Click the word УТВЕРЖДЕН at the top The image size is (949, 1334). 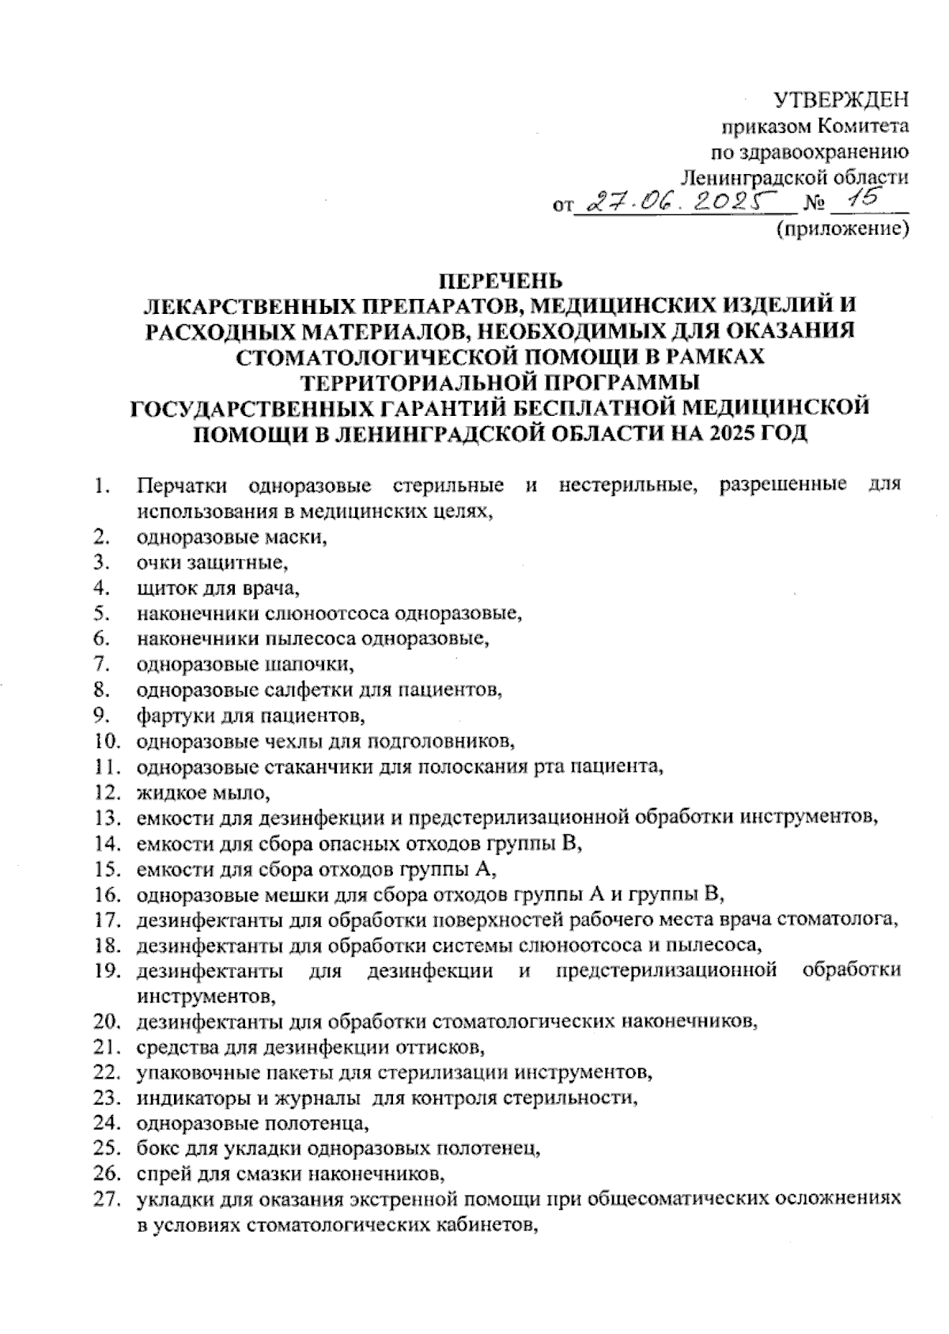(x=840, y=100)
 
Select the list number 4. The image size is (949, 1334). (x=100, y=588)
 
